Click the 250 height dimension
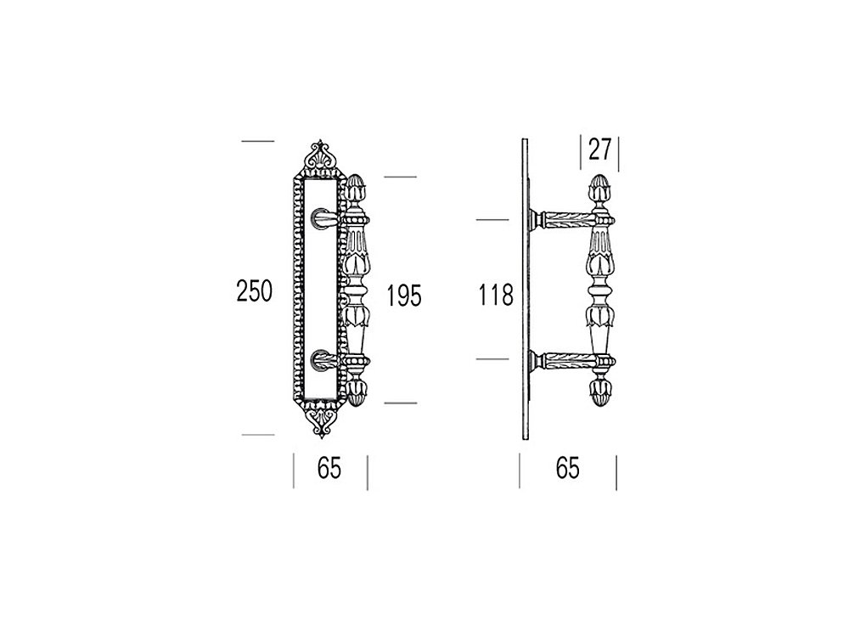coord(254,290)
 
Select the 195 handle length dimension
coord(404,296)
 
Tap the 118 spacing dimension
coord(496,296)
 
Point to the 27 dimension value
coord(599,149)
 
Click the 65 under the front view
coord(329,468)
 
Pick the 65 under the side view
coord(567,468)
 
